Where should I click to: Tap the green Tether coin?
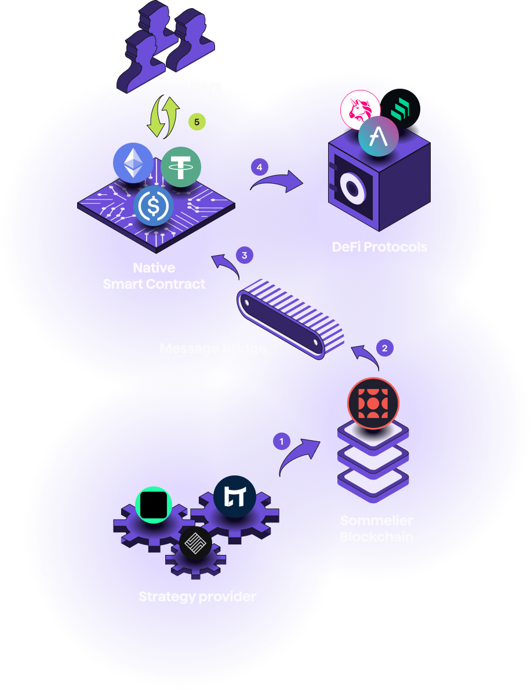pyautogui.click(x=181, y=167)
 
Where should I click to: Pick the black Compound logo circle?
pyautogui.click(x=400, y=108)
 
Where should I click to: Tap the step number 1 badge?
pyautogui.click(x=282, y=441)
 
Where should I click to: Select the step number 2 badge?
pyautogui.click(x=384, y=348)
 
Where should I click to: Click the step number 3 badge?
pyautogui.click(x=245, y=255)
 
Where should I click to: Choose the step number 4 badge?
pyautogui.click(x=259, y=167)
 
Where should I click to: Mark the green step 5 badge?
pyautogui.click(x=197, y=122)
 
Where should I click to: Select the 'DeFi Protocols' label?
pyautogui.click(x=380, y=246)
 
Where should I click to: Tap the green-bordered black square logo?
pyautogui.click(x=154, y=504)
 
